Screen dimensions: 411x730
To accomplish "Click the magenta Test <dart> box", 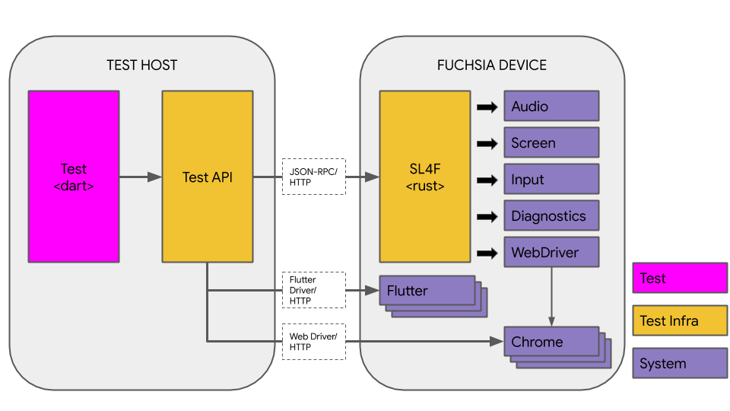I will point(74,177).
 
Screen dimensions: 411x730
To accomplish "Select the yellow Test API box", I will point(207,177).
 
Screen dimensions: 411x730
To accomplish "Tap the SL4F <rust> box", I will point(425,177).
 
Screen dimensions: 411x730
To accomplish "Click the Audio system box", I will point(551,107).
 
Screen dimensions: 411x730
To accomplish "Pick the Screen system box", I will point(551,143).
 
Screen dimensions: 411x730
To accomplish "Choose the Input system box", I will point(551,180).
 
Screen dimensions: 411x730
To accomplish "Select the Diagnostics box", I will point(551,216).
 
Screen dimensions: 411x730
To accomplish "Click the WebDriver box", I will point(551,252).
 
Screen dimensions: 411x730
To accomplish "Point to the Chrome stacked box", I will point(551,342).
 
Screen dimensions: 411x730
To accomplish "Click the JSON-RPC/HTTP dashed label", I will point(313,177).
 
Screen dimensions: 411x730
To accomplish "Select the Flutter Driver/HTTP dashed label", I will point(313,290).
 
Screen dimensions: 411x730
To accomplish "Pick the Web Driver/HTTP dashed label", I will point(313,342).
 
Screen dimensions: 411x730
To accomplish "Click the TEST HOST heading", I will point(141,65).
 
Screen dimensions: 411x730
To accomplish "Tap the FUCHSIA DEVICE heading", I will point(491,65).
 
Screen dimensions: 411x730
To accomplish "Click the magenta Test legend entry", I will point(680,279).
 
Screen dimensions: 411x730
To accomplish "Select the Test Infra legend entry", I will point(680,320).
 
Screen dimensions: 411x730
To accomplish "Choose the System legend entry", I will point(680,363).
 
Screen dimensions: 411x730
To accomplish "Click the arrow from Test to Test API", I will point(141,177).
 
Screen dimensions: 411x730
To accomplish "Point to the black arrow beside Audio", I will point(487,107).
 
